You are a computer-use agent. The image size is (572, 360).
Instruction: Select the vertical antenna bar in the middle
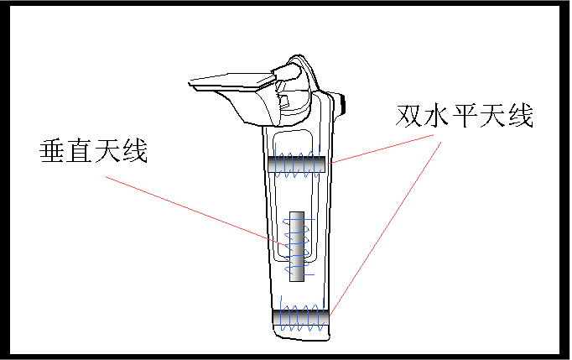pos(295,246)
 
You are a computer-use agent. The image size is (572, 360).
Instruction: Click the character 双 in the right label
pos(409,115)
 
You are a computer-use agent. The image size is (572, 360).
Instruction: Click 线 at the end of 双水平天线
pos(520,115)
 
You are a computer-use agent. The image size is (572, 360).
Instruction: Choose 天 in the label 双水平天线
pos(492,115)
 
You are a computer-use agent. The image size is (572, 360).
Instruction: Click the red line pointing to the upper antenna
pos(386,149)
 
